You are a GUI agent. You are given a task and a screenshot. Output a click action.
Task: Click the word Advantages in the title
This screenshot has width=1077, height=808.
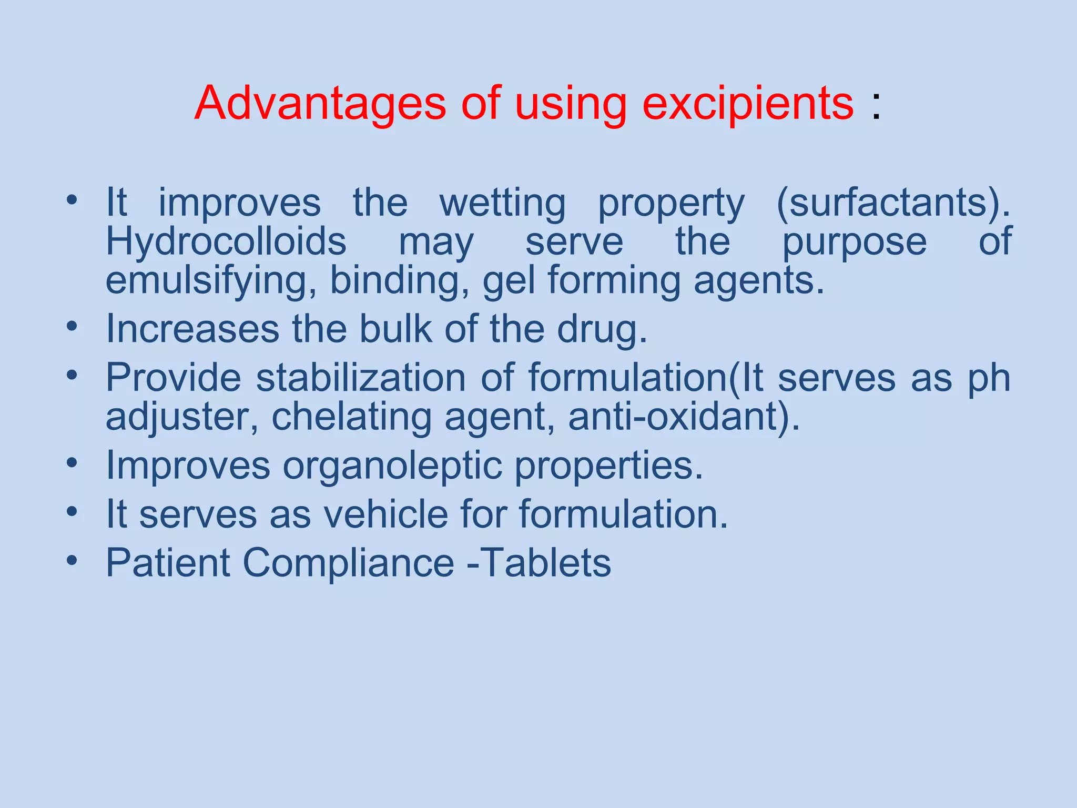[320, 103]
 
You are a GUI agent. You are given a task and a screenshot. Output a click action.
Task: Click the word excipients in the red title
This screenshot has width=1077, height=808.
[748, 103]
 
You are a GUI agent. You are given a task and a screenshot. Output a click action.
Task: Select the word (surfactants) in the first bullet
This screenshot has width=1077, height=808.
[893, 203]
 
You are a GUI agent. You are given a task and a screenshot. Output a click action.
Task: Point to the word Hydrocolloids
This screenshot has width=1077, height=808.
[226, 241]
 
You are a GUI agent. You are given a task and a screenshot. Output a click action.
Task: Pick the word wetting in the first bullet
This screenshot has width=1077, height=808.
[502, 203]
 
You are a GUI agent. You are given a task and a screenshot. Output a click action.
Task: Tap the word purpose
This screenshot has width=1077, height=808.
[854, 243]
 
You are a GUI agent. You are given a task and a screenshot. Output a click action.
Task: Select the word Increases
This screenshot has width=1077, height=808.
[192, 329]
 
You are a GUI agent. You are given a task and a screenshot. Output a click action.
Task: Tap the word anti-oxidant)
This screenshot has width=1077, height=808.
[684, 417]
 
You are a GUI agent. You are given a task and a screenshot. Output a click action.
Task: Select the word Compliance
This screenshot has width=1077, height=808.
[348, 563]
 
